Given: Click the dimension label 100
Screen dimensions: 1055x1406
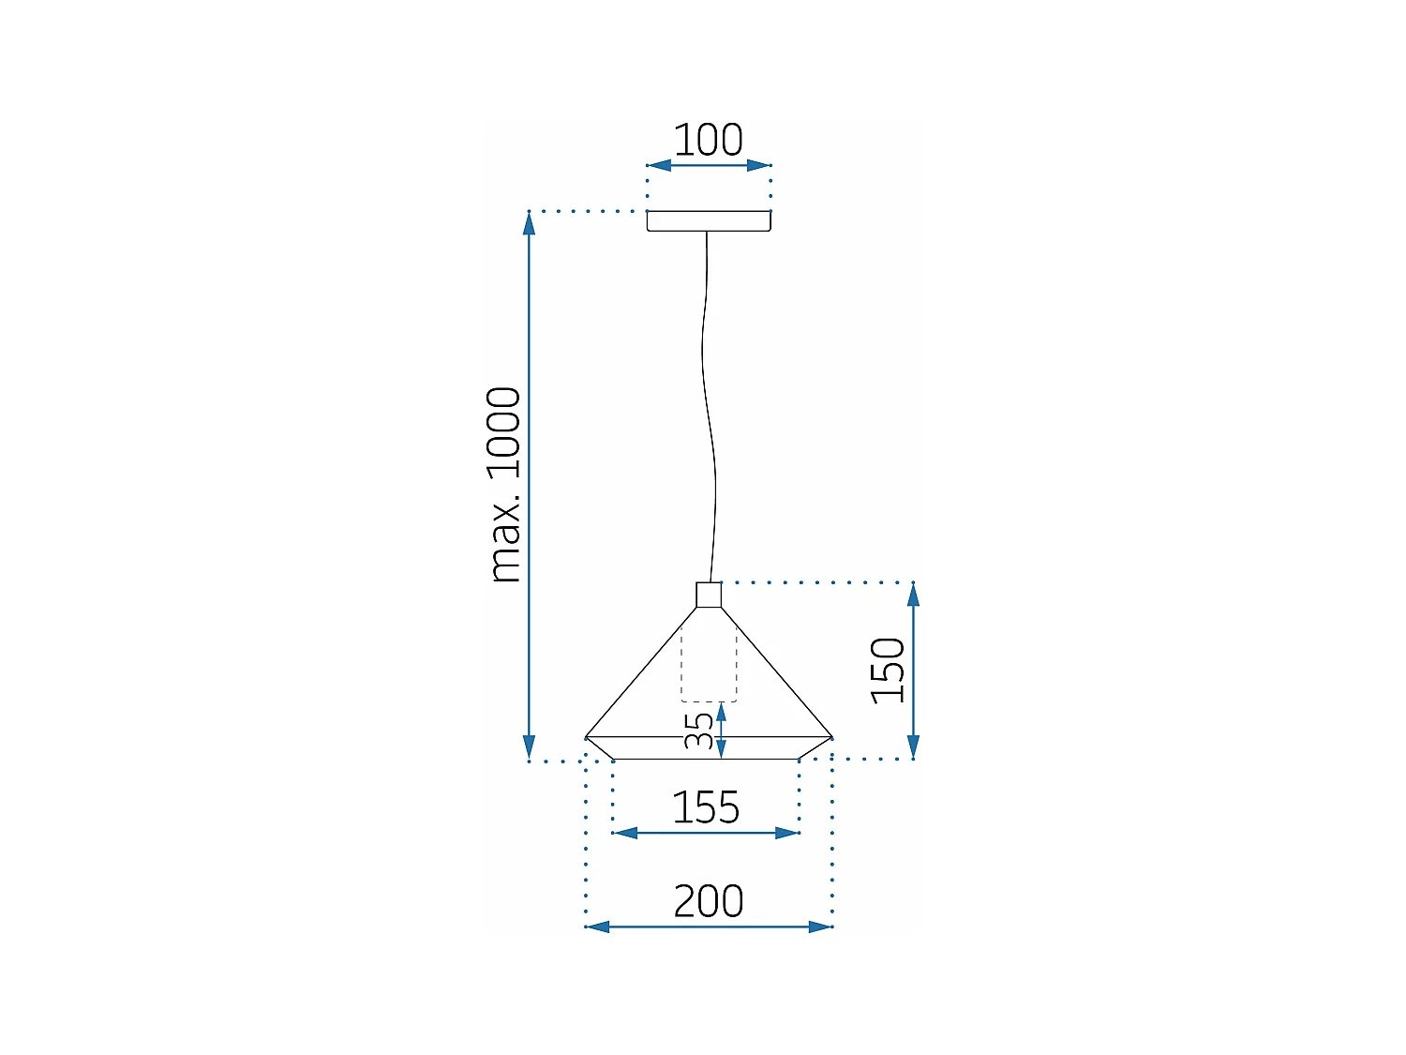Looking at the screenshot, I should (708, 141).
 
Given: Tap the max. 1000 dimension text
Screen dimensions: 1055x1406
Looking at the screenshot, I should (505, 484).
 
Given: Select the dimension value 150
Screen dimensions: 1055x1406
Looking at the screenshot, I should (888, 670).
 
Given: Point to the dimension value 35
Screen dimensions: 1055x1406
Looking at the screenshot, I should (698, 731).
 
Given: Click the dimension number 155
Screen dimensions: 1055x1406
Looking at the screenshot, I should (706, 807).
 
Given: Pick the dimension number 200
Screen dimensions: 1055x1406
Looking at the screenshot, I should (709, 901).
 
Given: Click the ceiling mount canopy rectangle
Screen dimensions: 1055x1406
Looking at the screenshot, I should (709, 221).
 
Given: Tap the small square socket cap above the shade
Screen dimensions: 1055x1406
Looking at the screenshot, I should (709, 595).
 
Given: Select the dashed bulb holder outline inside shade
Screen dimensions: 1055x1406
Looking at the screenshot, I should (709, 668).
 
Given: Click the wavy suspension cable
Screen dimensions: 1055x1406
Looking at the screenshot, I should (708, 403).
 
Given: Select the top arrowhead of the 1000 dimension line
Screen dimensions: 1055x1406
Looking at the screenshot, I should (529, 223).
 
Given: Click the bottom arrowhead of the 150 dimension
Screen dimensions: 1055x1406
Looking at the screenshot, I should (913, 747).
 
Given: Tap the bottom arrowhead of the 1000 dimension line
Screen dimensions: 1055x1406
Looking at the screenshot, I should (529, 748).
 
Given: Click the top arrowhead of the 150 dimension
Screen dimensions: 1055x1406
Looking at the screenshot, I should (913, 594).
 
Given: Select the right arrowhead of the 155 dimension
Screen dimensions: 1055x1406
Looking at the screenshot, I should (787, 833).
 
